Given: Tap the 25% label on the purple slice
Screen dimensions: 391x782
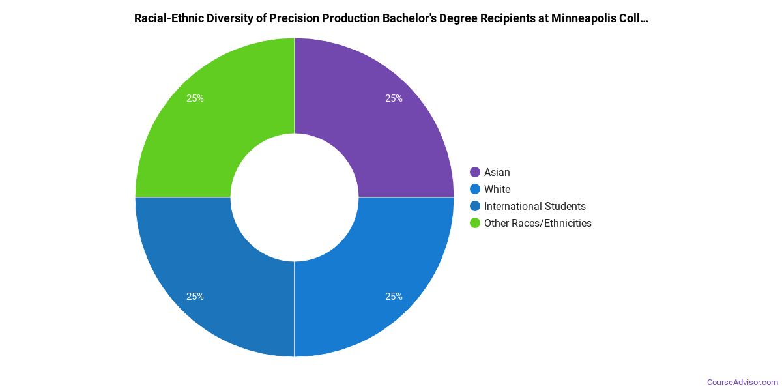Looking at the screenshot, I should [x=394, y=98].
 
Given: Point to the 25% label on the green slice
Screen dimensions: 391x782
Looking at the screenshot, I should [x=195, y=98].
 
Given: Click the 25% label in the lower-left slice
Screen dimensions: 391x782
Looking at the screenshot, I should [x=195, y=297].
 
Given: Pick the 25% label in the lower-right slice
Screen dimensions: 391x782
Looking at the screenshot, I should [x=394, y=297].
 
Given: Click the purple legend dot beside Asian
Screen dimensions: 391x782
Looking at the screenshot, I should [x=475, y=172].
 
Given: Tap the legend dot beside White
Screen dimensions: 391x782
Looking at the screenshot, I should [x=475, y=189].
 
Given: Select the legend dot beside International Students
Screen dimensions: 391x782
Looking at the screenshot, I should [x=475, y=206].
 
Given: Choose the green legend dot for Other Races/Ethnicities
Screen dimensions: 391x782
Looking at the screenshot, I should [x=475, y=223].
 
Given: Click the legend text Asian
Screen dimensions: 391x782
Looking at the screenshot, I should [x=497, y=172].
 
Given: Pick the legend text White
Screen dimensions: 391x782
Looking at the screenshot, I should [x=497, y=189].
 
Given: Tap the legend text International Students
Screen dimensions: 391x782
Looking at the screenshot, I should [x=534, y=206].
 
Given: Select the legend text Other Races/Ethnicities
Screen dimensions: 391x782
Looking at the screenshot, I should [x=538, y=223].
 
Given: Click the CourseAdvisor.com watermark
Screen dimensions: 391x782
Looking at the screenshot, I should [x=742, y=383].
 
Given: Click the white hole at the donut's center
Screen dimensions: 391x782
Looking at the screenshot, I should [x=295, y=197].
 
